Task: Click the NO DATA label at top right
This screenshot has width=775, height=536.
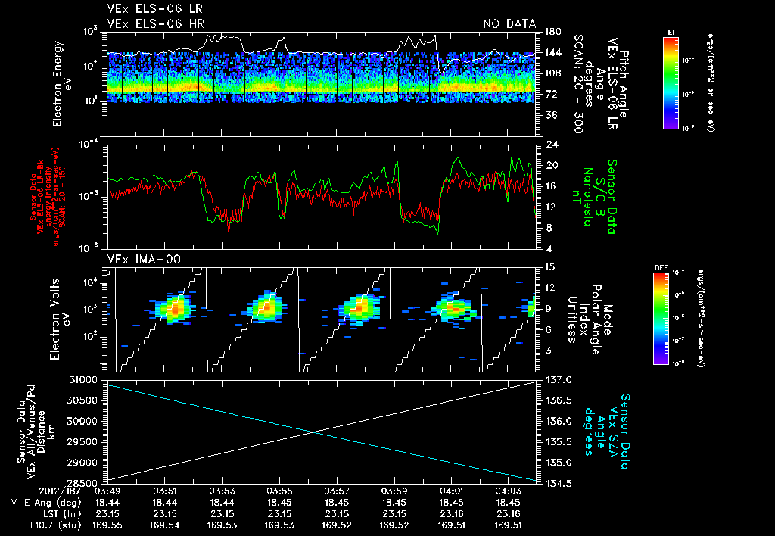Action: point(509,24)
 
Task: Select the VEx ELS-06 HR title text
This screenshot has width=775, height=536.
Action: point(146,24)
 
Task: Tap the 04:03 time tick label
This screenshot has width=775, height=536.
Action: point(508,491)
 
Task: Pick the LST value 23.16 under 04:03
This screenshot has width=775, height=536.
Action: point(508,513)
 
